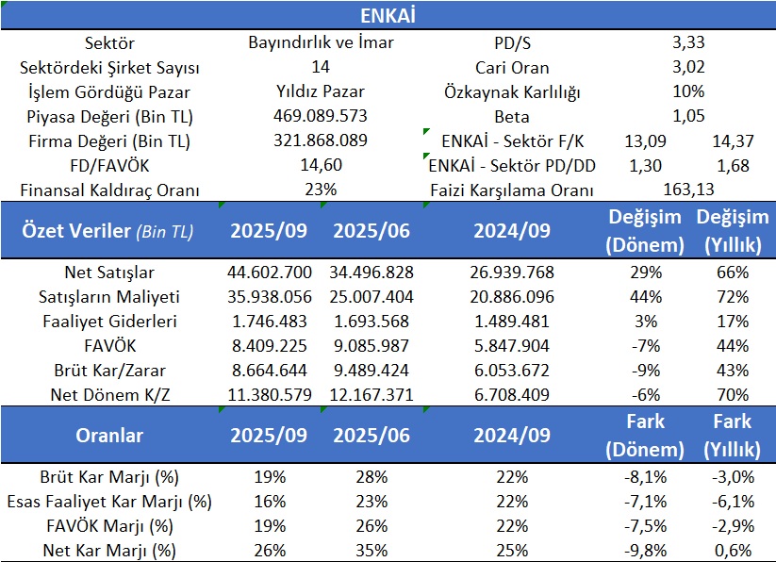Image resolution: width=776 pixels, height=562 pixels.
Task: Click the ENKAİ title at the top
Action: click(x=388, y=16)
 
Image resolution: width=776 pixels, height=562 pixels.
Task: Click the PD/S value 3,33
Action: click(x=689, y=42)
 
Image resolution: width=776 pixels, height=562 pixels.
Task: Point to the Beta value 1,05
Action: click(x=689, y=117)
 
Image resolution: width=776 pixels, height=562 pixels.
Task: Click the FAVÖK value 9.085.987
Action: click(x=371, y=346)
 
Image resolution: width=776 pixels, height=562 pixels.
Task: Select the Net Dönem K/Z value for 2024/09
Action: click(x=512, y=394)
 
